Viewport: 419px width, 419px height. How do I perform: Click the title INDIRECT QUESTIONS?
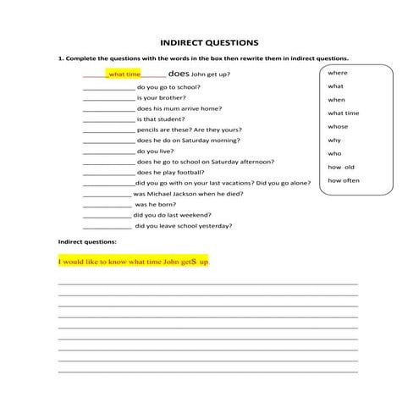[x=209, y=41]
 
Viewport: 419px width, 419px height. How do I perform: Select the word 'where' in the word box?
[x=337, y=73]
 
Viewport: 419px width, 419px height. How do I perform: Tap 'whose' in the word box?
[x=338, y=126]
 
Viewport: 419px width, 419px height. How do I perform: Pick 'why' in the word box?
[x=334, y=140]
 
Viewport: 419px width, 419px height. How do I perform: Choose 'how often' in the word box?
[x=344, y=180]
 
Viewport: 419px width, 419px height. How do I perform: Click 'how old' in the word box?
[x=341, y=167]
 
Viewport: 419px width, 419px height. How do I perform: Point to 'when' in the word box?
[x=336, y=100]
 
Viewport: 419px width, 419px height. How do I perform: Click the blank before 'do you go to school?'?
[x=109, y=87]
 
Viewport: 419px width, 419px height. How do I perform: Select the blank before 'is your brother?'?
[x=109, y=98]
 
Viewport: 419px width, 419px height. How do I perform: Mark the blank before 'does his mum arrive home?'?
[x=109, y=109]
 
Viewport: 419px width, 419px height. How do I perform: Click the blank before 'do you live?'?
[x=109, y=152]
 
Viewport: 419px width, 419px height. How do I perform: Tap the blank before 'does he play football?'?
[x=109, y=173]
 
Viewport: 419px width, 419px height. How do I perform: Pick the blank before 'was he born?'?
[x=108, y=205]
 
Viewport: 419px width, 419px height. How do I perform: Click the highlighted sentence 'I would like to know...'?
[x=134, y=262]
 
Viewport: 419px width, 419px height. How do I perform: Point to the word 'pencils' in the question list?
[x=148, y=130]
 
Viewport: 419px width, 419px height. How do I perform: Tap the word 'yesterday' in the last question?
[x=216, y=226]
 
